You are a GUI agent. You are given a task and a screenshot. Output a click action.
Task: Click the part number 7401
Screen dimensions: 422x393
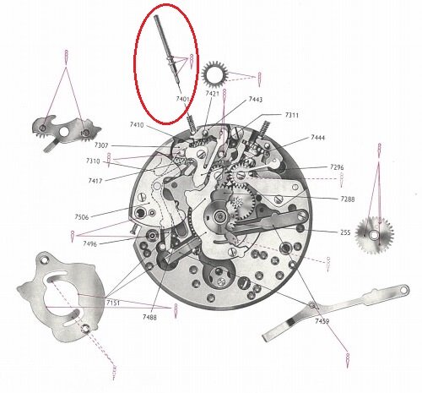click(x=182, y=99)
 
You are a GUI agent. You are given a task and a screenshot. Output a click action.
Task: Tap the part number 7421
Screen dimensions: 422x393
click(x=212, y=94)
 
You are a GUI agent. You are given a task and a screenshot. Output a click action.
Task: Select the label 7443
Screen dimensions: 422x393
click(x=256, y=100)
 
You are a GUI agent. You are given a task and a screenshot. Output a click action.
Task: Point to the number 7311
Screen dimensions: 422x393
click(x=292, y=115)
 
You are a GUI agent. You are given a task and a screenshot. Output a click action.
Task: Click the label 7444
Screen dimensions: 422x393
click(x=317, y=138)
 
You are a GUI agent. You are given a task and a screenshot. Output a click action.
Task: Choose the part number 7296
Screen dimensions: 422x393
click(x=337, y=167)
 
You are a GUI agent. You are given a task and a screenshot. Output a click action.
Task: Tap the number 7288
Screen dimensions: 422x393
click(x=348, y=199)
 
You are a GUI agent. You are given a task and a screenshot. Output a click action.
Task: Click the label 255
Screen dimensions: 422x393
click(x=345, y=232)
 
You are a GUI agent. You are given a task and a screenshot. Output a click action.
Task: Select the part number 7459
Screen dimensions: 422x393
click(x=322, y=321)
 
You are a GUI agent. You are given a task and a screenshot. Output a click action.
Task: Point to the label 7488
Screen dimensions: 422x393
click(x=149, y=317)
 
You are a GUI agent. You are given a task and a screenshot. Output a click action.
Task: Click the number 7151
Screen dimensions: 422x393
click(x=113, y=303)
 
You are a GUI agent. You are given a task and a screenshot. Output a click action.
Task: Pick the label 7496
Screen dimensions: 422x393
click(x=89, y=243)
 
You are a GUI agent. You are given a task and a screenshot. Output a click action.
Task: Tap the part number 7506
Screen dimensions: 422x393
click(x=82, y=217)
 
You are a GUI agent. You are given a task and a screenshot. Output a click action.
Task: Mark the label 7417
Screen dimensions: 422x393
click(x=95, y=181)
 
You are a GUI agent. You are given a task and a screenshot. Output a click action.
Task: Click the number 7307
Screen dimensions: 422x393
click(x=101, y=145)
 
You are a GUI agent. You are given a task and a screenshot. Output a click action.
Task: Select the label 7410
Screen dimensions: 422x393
click(x=137, y=125)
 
